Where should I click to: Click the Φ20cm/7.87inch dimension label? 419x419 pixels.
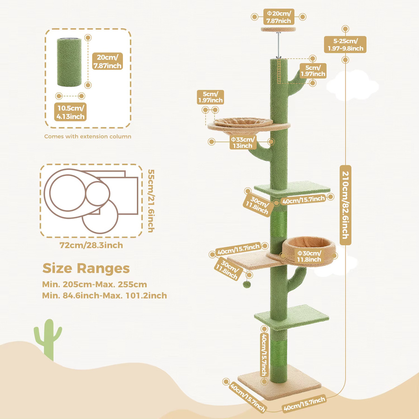278,17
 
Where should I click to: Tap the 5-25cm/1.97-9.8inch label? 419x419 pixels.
345,45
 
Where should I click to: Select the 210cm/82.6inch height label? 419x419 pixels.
345,205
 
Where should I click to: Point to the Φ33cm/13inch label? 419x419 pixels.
243,142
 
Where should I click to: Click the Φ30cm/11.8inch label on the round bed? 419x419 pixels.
309,256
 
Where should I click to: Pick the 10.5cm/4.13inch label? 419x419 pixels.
71,112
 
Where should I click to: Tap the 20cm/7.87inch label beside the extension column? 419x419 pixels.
108,61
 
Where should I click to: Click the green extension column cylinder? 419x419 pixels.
69,62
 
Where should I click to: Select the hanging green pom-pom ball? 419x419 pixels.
247,284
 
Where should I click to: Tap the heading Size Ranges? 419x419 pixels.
86,268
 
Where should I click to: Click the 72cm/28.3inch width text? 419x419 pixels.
91,245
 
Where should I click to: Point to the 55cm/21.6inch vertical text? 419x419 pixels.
151,201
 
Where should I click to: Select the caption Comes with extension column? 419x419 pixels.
88,136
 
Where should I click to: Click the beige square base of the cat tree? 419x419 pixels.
279,383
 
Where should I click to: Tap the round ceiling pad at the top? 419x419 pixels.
278,29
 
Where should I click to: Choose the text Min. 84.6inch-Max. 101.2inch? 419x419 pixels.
104,296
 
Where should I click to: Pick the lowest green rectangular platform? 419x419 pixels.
291,317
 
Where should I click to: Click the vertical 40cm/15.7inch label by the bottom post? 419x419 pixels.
264,354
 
